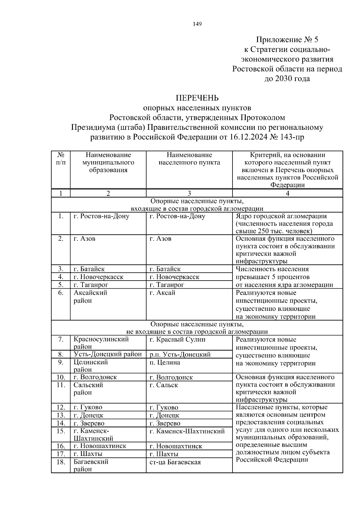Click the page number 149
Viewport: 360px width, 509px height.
[x=197, y=24]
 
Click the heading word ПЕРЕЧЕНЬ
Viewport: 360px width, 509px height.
[x=197, y=98]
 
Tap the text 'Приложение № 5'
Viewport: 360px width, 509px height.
[x=287, y=40]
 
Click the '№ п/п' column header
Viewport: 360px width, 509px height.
[x=61, y=159]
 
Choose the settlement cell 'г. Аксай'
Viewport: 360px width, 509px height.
[x=162, y=293]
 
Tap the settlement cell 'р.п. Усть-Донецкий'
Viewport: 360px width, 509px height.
[x=180, y=354]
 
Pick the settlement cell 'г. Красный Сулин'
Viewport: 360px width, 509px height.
[x=178, y=340]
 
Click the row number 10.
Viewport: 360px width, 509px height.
[x=61, y=377]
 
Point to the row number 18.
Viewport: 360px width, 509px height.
[x=61, y=462]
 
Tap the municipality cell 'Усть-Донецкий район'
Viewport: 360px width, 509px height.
[x=108, y=354]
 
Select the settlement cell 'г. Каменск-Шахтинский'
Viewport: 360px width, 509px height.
[x=187, y=431]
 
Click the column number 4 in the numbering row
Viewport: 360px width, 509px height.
[x=287, y=193]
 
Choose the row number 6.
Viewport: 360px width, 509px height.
[x=61, y=293]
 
